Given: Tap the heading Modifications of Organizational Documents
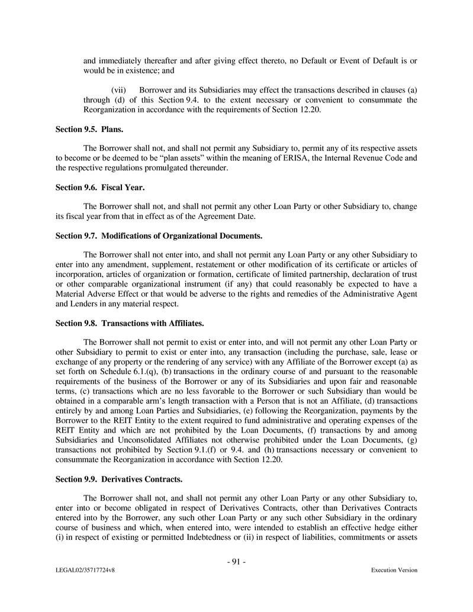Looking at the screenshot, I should pyautogui.click(x=159, y=236).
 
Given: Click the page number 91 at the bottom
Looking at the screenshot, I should pyautogui.click(x=236, y=562).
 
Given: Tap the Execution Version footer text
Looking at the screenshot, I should pyautogui.click(x=394, y=571).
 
